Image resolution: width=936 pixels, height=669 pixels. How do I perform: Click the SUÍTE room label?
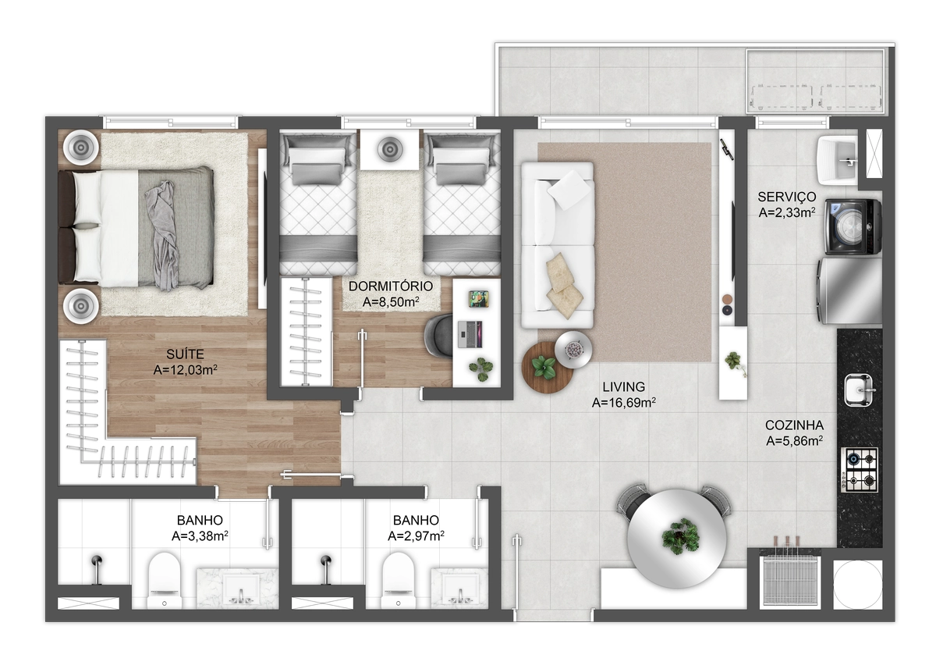coord(185,354)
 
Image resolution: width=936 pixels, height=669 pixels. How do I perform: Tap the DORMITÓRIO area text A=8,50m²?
coord(391,302)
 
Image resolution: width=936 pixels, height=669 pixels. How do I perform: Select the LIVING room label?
coord(623,386)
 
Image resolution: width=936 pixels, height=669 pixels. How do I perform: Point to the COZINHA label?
coord(794,425)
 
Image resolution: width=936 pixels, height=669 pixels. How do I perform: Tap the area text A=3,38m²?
coord(200,536)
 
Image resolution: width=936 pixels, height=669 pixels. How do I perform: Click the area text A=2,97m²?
coord(416,536)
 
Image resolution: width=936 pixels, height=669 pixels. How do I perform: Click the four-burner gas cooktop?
coord(859,470)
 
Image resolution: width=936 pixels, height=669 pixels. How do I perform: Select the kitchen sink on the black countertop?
coord(859,390)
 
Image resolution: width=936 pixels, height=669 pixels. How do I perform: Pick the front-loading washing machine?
coord(853,226)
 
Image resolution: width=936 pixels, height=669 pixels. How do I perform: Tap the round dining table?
coord(677,539)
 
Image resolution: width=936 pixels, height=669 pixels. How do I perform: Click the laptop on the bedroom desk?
coord(470,334)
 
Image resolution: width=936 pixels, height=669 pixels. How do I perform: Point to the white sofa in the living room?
coord(558,245)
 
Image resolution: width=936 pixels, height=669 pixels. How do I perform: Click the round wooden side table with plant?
coord(547,368)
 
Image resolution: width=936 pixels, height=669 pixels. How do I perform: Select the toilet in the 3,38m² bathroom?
coord(165,580)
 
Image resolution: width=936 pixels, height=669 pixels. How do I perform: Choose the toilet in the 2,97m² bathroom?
coord(399,580)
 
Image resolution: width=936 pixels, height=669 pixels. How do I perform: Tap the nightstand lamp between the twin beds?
coord(390,149)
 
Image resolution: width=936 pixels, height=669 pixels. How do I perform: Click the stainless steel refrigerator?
coord(849,291)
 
